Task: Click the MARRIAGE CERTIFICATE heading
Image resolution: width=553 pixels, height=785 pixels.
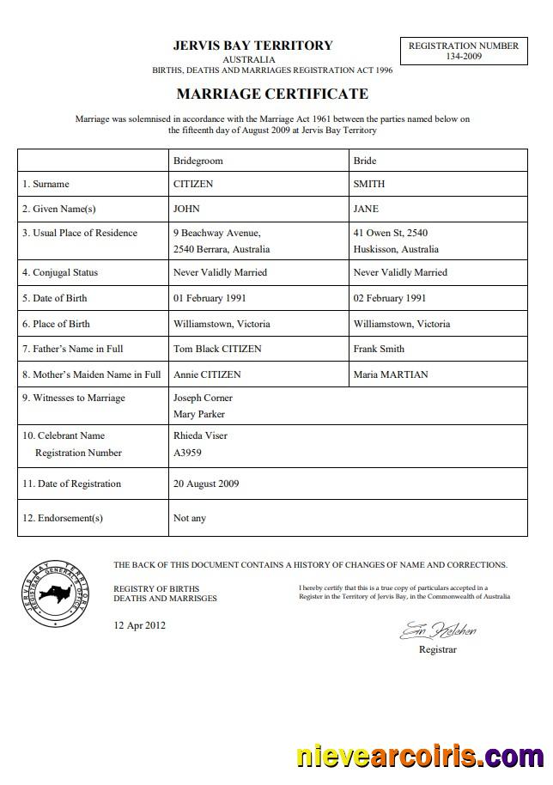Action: (272, 94)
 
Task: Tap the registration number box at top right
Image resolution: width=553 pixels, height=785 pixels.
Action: (463, 51)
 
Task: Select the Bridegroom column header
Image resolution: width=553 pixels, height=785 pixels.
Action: (197, 161)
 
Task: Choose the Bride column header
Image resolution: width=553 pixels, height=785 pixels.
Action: (365, 161)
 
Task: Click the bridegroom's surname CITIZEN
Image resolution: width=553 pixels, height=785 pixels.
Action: (193, 184)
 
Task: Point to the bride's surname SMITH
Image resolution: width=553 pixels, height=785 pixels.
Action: (369, 184)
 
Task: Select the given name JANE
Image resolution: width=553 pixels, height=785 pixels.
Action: (366, 209)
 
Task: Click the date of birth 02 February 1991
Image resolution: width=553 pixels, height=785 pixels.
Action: (390, 298)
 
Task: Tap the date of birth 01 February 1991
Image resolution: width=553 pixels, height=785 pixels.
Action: (210, 298)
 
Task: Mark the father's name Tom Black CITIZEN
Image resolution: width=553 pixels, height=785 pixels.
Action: (217, 349)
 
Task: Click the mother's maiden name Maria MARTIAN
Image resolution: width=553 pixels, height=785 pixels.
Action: (391, 374)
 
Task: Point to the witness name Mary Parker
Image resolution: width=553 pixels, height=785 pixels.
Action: (199, 414)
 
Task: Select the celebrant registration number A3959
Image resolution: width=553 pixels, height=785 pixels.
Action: (188, 453)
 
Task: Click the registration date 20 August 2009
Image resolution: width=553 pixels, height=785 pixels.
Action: (206, 484)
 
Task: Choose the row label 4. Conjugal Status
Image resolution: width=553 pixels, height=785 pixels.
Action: (60, 272)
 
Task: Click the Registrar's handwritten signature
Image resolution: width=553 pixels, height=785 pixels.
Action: (437, 631)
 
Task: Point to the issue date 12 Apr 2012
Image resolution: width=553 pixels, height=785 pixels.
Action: (140, 625)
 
